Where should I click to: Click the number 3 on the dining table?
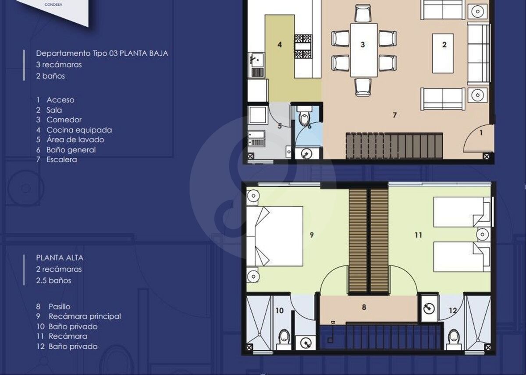pos(363,45)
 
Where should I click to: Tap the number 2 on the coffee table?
pos(444,45)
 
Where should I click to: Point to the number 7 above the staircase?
pos(395,115)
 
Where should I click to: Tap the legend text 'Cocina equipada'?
pos(79,130)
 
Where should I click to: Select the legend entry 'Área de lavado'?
pos(75,140)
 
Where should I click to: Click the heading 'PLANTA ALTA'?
pos(60,258)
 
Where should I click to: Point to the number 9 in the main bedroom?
pos(312,235)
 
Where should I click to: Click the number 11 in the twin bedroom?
pos(418,235)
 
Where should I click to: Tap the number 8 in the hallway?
pos(364,307)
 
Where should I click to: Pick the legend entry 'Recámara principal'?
pos(85,316)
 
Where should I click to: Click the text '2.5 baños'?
pos(53,280)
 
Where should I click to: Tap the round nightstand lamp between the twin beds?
pos(482,234)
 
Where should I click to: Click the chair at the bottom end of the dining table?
pos(363,87)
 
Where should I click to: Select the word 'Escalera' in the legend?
pos(62,159)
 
